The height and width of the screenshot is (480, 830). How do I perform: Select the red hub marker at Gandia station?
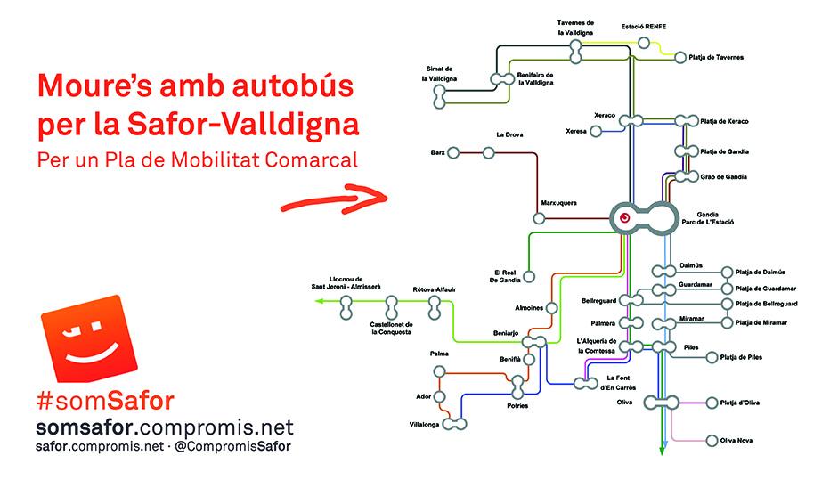point(625,217)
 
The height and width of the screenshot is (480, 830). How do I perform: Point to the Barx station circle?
point(453,153)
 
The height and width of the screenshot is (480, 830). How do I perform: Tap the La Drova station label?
point(509,134)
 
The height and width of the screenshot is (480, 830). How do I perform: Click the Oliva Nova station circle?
point(688,441)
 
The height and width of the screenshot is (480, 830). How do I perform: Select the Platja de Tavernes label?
point(717,57)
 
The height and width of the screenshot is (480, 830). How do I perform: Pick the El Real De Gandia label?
point(505,275)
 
